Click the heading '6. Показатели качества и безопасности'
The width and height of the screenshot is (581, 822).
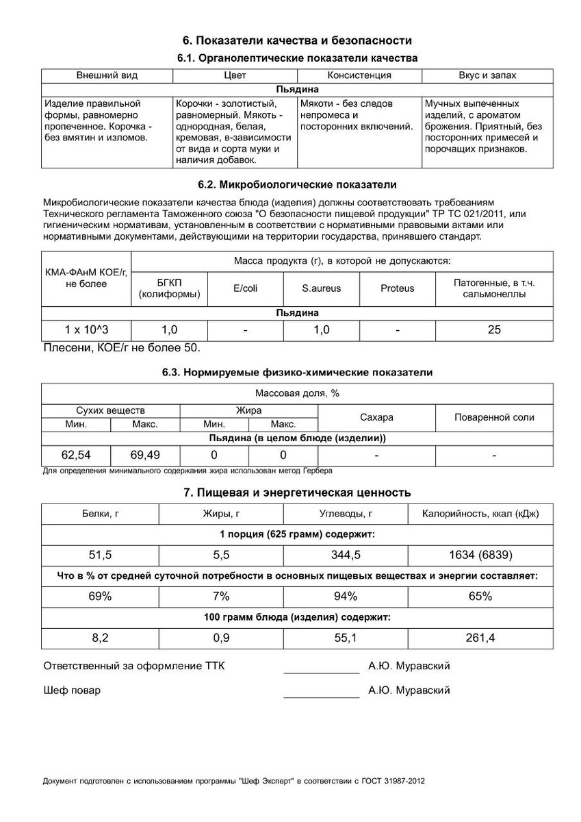pyautogui.click(x=297, y=40)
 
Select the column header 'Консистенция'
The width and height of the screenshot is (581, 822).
pyautogui.click(x=359, y=75)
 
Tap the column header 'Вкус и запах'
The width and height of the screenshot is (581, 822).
pyautogui.click(x=487, y=75)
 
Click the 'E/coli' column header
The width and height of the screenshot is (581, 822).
pyautogui.click(x=246, y=288)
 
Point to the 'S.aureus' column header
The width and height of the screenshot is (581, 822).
pyautogui.click(x=321, y=288)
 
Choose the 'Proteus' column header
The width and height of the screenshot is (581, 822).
pyautogui.click(x=397, y=288)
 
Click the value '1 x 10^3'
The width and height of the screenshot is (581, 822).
pyautogui.click(x=86, y=330)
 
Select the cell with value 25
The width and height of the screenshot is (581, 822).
pyautogui.click(x=494, y=330)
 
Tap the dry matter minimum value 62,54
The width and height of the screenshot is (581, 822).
pyautogui.click(x=76, y=454)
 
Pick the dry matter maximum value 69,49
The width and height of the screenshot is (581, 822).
pyautogui.click(x=145, y=454)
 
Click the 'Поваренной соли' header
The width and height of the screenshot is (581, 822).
pyautogui.click(x=494, y=417)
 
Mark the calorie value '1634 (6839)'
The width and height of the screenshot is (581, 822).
pyautogui.click(x=480, y=556)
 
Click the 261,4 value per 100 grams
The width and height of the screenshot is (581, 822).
pyautogui.click(x=480, y=638)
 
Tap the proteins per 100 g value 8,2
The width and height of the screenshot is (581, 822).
pyautogui.click(x=100, y=638)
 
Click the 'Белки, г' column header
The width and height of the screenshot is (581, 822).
pyautogui.click(x=100, y=514)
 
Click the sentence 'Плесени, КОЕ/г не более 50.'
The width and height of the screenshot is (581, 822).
pyautogui.click(x=122, y=348)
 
